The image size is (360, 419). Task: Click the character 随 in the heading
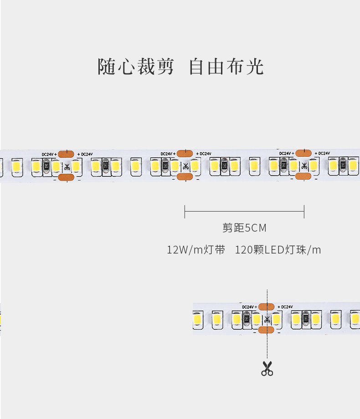107,67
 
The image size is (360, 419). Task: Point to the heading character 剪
165,67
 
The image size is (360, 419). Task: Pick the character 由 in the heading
216,67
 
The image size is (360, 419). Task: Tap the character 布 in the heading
236,67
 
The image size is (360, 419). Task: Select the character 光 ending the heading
255,67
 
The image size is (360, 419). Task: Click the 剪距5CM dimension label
244,228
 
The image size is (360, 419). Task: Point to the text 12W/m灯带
196,250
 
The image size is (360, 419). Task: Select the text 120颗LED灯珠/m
278,250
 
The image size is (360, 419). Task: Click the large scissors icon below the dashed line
267,368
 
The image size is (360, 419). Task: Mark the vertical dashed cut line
267,324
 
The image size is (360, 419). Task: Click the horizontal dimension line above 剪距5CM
244,212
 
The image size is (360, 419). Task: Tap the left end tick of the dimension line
185,212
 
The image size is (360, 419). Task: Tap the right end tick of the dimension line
304,212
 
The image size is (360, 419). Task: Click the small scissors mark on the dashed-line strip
267,319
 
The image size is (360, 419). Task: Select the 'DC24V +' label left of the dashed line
249,307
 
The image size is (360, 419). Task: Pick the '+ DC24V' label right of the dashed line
285,307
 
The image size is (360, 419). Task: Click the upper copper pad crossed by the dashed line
266,307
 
